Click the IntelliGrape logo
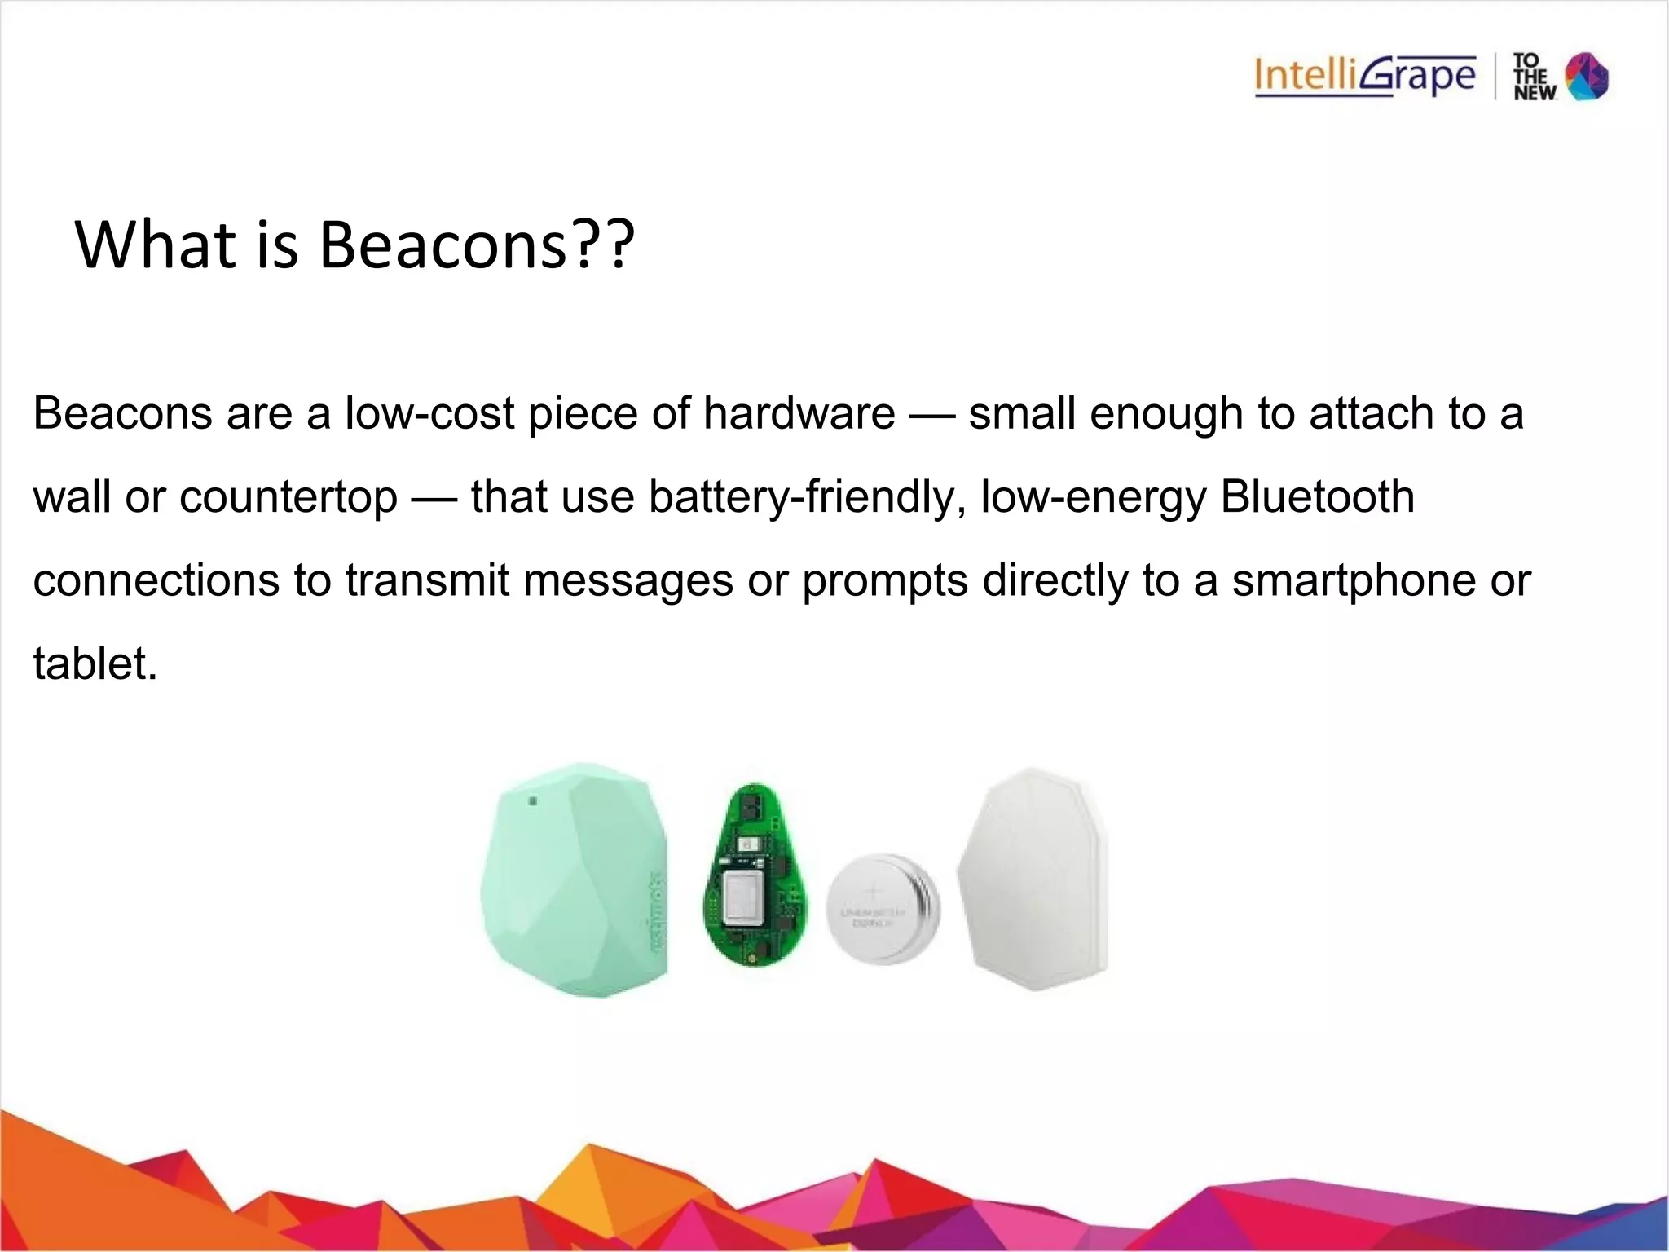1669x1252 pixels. click(1365, 77)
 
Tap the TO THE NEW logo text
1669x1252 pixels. click(1534, 77)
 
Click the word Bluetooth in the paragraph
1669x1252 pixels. click(1317, 496)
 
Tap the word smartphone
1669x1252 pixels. click(1354, 580)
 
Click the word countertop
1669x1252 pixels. click(288, 498)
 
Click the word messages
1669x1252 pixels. click(628, 580)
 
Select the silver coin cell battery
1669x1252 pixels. click(882, 909)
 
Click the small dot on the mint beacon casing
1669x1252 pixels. click(533, 801)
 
